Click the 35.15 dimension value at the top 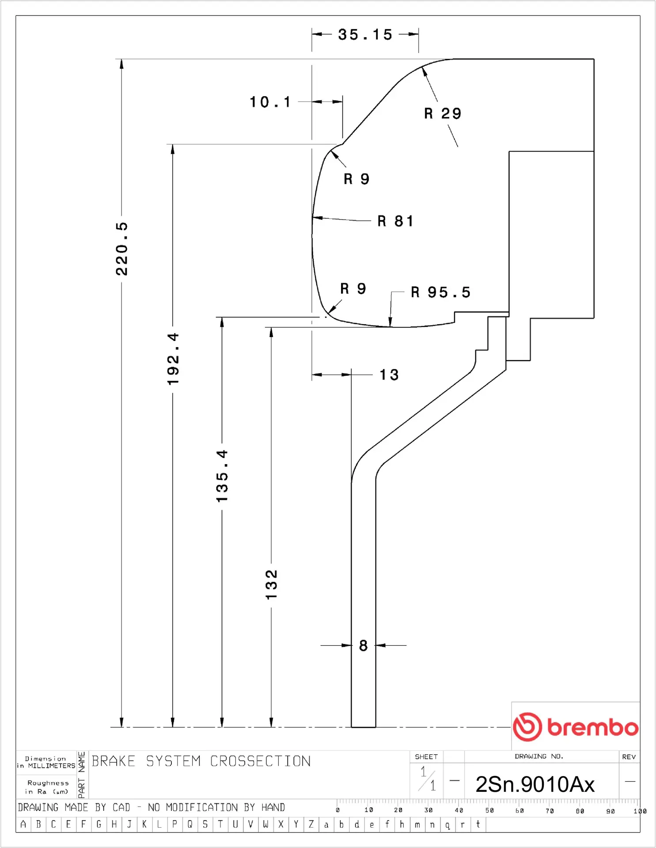coord(365,34)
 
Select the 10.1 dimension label coord(270,102)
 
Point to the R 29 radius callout coord(443,114)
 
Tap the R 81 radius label coord(395,221)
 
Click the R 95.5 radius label coord(440,292)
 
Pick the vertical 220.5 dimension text coord(121,249)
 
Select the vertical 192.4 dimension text coord(173,359)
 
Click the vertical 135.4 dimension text coord(222,476)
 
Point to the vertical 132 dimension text coord(271,584)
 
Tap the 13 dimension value coord(389,375)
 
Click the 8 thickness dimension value coord(363,646)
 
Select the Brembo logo coord(575,727)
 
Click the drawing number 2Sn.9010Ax coord(535,784)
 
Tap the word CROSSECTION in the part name coord(260,761)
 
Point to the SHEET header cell coord(426,757)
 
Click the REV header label coord(629,757)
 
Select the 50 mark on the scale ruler coord(489,810)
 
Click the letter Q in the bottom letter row coord(190,824)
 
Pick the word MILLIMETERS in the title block coord(52,766)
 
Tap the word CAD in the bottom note coord(121,807)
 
